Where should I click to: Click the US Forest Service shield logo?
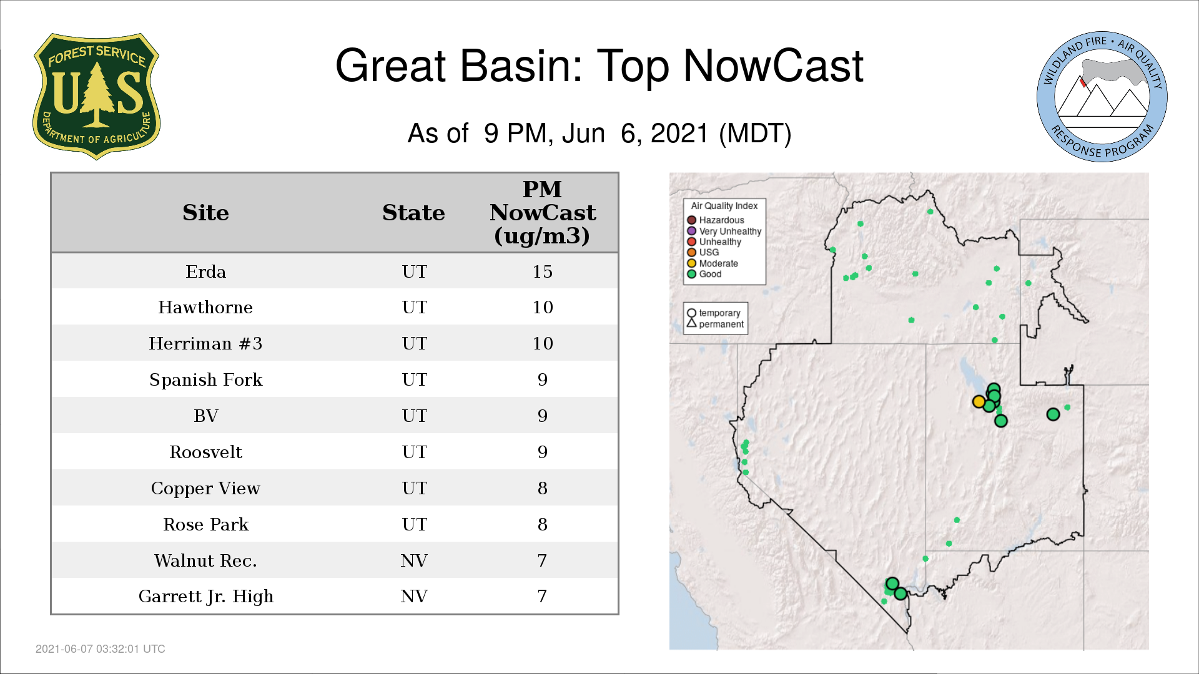(x=96, y=97)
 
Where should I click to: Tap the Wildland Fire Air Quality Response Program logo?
(x=1102, y=97)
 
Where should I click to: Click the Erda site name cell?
(x=205, y=271)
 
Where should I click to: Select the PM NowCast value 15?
(x=542, y=271)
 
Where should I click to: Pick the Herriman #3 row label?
(x=205, y=343)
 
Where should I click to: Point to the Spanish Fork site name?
(x=205, y=379)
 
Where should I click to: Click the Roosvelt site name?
(x=205, y=452)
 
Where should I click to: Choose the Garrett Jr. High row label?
(x=205, y=597)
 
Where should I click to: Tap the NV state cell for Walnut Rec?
(x=414, y=560)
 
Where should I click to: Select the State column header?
(x=413, y=213)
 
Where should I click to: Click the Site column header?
(x=205, y=213)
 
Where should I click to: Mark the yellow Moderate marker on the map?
(x=979, y=402)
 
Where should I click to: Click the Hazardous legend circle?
(x=691, y=220)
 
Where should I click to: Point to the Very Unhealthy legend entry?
(x=724, y=231)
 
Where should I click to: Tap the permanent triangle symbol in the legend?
(x=691, y=323)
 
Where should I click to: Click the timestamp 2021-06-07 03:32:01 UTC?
(x=101, y=649)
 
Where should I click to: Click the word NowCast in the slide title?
(x=773, y=66)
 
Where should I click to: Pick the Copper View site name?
(x=205, y=488)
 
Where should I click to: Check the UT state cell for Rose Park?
(x=414, y=524)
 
